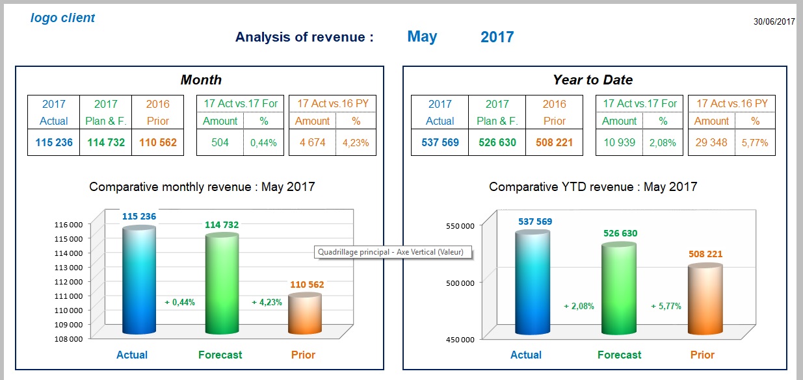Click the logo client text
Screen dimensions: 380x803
click(62, 18)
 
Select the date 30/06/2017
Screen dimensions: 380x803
click(774, 21)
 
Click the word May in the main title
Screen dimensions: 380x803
click(422, 37)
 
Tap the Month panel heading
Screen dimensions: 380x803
click(201, 80)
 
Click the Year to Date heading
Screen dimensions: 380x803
click(592, 80)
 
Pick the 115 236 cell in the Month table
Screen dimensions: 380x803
click(53, 142)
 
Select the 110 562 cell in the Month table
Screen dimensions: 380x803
click(157, 142)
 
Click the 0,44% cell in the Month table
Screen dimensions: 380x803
click(263, 142)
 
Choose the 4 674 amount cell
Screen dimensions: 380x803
click(312, 142)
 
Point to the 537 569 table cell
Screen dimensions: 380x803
click(440, 142)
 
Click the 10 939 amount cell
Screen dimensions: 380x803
click(619, 142)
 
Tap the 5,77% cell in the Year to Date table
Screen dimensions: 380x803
click(755, 142)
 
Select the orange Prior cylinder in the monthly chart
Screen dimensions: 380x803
click(304, 314)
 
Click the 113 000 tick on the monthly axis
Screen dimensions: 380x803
click(69, 267)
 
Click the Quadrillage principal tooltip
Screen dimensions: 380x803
click(391, 252)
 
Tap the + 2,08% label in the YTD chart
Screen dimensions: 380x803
click(579, 306)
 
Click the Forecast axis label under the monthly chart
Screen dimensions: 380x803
click(220, 355)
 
